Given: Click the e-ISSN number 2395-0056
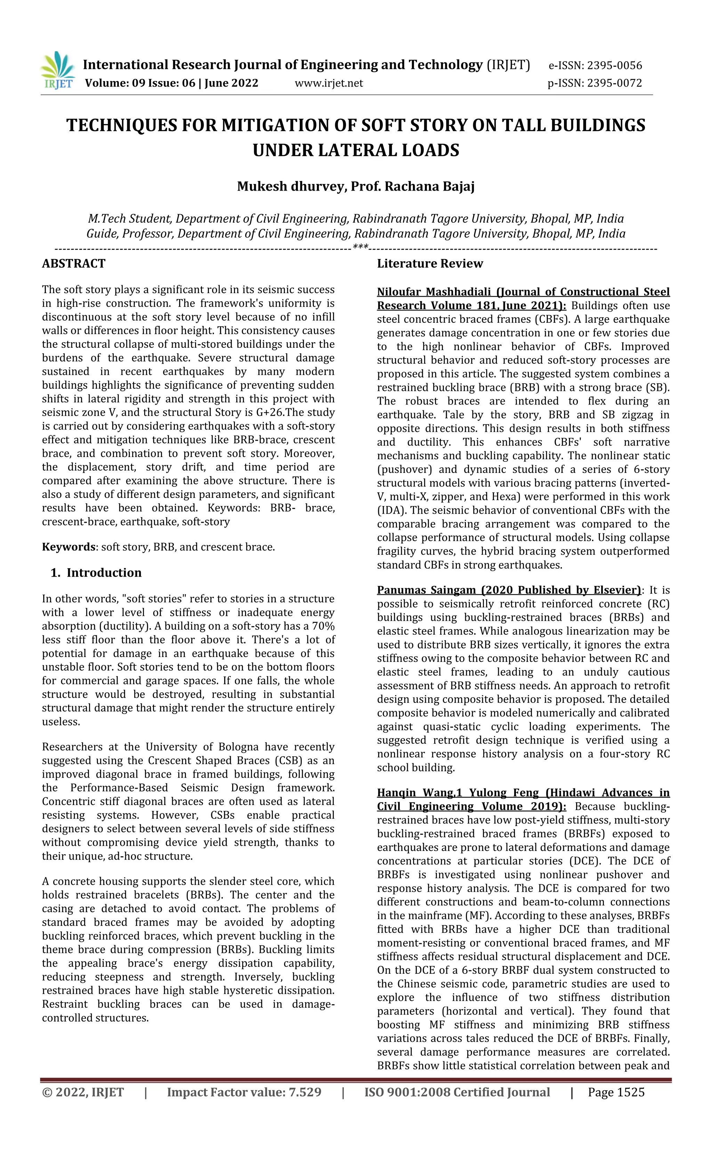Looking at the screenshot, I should [614, 66].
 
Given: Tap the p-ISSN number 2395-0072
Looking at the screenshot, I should [614, 83].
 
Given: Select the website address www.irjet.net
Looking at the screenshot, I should [329, 83].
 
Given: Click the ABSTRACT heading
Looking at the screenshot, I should [74, 263].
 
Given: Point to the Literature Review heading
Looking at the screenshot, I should [430, 263].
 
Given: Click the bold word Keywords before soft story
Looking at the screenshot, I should [68, 547].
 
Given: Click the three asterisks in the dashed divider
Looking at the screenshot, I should [360, 248].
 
